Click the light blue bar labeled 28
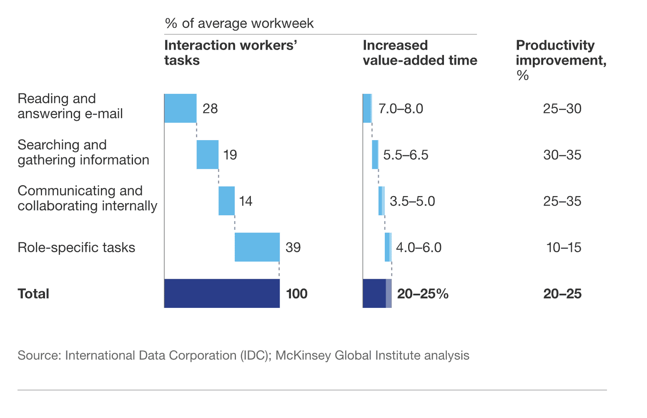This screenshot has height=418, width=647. tap(180, 108)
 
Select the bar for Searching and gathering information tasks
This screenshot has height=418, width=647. tap(207, 155)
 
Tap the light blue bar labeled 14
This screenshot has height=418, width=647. tap(226, 201)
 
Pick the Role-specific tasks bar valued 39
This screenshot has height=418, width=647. tap(257, 247)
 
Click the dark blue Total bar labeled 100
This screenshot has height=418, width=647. tap(222, 294)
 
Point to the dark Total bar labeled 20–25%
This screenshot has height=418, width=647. tap(375, 294)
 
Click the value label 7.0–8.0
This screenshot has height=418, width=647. tap(401, 109)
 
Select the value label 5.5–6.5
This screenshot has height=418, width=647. tap(406, 155)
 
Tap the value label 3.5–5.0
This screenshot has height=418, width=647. tap(412, 201)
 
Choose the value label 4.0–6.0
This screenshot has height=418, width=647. tap(419, 248)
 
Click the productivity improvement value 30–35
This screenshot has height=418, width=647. tap(562, 155)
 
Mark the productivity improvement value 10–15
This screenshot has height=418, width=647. tap(564, 248)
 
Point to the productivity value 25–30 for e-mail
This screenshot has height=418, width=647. tap(562, 109)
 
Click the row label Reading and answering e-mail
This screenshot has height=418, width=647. tap(70, 106)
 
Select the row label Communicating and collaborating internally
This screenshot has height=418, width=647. tap(87, 198)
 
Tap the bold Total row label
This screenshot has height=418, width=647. tap(33, 294)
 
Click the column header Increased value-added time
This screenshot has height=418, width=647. tap(419, 53)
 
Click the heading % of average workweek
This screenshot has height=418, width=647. tap(239, 23)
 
